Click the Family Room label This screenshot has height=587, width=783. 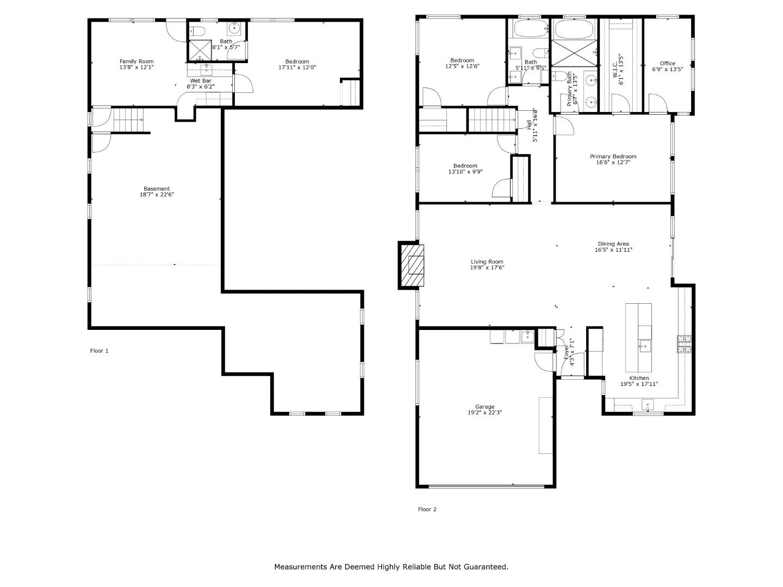(136, 61)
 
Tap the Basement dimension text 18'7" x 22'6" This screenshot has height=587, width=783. (157, 195)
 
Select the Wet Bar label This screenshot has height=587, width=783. (200, 80)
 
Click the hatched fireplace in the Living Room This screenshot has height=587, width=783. (412, 265)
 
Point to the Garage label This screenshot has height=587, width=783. (484, 407)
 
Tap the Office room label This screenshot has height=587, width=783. (667, 63)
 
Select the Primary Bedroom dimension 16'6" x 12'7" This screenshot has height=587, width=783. (613, 162)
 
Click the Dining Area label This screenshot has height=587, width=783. (613, 244)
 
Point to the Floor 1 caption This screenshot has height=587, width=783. (100, 351)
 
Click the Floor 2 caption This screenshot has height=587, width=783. (427, 509)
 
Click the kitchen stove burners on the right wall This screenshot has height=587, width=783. (684, 344)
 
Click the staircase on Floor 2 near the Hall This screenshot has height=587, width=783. (491, 120)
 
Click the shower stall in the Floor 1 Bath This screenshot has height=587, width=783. (200, 50)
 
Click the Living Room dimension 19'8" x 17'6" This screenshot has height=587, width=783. (487, 267)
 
